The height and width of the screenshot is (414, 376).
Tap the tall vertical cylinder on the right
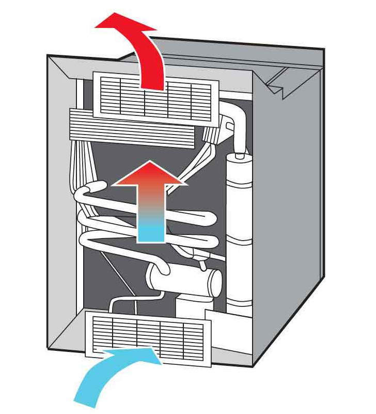239,228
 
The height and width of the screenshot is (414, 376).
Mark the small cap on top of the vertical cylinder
239,154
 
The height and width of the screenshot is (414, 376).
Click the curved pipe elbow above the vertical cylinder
238,124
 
